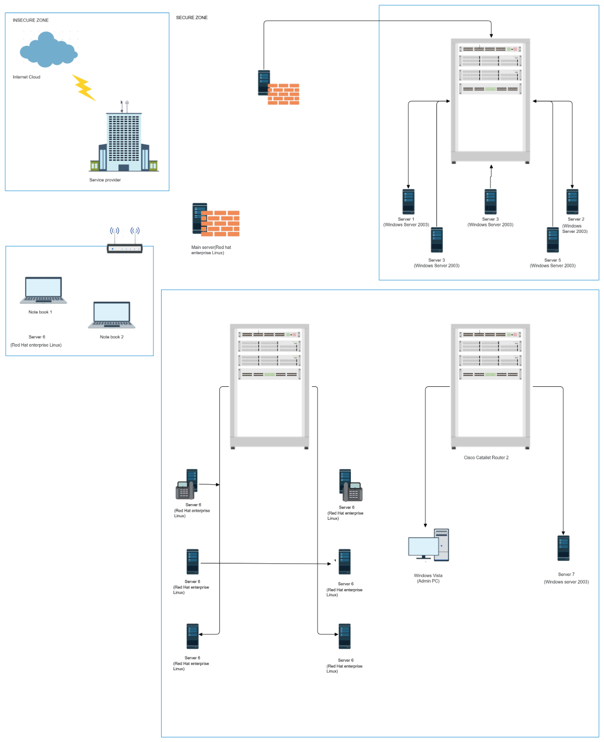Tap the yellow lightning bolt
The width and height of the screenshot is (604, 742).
[84, 88]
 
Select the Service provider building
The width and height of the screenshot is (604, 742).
[124, 141]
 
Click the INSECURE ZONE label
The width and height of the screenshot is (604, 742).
[31, 20]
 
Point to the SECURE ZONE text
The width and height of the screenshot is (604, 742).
[192, 18]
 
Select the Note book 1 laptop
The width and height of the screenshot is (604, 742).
[43, 290]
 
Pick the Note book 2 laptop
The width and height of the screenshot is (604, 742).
[112, 315]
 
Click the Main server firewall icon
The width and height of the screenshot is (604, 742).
[216, 220]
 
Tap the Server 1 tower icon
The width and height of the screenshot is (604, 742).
[408, 202]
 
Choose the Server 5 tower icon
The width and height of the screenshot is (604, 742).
[553, 240]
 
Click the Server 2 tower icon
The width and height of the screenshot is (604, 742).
[572, 202]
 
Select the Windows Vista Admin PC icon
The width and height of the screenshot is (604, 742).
[428, 545]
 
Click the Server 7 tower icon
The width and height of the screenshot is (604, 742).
[564, 548]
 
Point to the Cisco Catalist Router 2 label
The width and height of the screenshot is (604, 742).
[486, 458]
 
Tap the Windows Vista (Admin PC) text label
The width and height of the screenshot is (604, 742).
[428, 579]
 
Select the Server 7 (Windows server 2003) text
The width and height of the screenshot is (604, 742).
[566, 578]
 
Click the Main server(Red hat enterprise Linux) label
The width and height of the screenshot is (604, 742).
[211, 250]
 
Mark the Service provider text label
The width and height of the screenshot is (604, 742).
[105, 180]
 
